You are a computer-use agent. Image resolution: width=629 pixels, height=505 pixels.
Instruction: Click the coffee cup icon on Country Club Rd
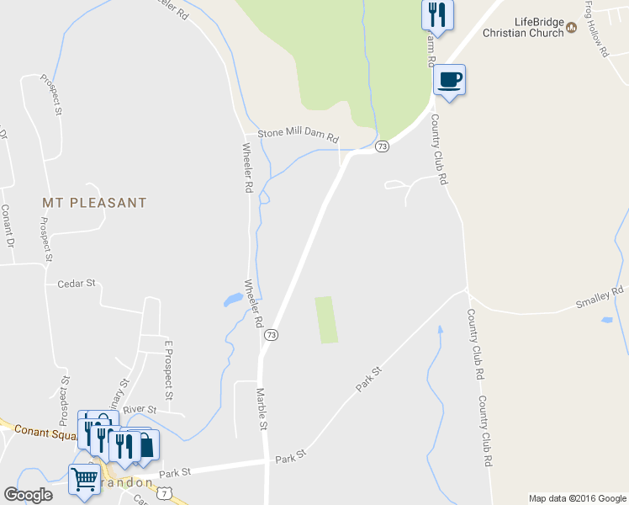point(449,80)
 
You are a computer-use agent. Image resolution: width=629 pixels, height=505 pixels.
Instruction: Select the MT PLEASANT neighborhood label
point(94,203)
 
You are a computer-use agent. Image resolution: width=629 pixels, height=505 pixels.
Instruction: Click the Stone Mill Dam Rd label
point(298,135)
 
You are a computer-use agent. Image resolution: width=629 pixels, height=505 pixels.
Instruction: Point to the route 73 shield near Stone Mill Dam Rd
point(382,146)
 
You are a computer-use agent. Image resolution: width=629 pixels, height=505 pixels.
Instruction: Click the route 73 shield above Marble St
point(271,335)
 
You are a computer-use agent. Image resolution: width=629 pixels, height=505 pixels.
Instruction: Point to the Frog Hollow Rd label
point(595,29)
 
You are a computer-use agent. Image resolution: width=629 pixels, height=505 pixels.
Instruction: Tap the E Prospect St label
point(168,370)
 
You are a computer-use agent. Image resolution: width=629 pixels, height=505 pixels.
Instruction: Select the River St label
point(140,410)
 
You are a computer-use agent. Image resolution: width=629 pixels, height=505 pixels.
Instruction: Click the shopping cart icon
point(84,480)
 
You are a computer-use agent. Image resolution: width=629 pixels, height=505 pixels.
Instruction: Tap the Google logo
point(28,495)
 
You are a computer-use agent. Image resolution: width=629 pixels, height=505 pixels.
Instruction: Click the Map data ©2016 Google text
point(576,498)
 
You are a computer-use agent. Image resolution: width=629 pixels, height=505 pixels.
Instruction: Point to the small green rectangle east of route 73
point(326,320)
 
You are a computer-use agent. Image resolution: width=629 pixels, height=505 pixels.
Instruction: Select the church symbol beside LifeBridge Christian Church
point(572,27)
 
